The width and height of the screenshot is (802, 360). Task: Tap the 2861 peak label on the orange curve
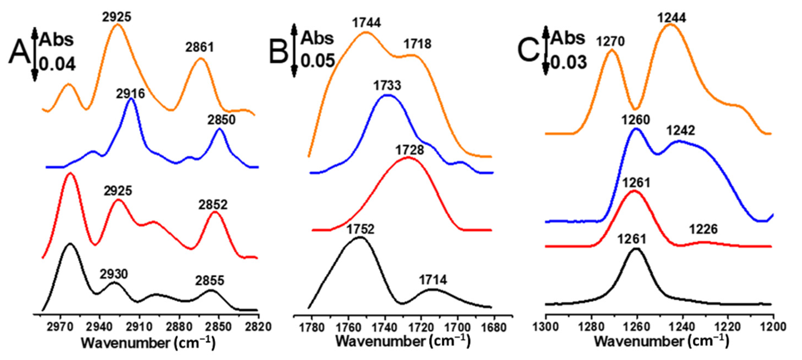(200, 47)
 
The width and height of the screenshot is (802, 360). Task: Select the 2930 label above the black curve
(114, 274)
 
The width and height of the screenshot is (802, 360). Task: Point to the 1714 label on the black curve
(432, 280)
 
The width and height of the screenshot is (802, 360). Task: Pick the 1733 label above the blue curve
(387, 85)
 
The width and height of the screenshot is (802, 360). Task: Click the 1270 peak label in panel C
(610, 41)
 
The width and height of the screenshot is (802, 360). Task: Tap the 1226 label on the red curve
(703, 230)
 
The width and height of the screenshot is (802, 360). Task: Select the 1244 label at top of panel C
(671, 18)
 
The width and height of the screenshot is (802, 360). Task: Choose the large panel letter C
(528, 51)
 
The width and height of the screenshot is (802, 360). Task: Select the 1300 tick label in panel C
(545, 327)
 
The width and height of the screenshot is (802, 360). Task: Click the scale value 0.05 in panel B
(317, 61)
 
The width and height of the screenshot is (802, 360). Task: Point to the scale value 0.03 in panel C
(569, 62)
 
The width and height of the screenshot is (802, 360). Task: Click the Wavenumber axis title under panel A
(148, 343)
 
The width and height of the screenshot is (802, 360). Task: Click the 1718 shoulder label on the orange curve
(417, 44)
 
